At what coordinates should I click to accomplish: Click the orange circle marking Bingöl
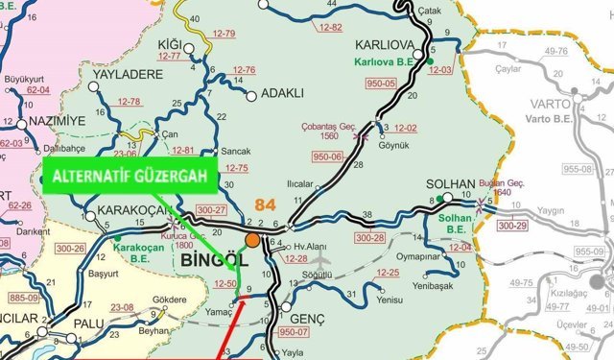tap(252, 239)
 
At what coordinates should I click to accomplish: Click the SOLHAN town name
tap(450, 182)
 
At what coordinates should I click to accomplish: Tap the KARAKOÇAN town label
tap(124, 211)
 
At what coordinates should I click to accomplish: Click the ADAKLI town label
tap(281, 94)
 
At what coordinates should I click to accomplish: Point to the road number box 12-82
tap(329, 26)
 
